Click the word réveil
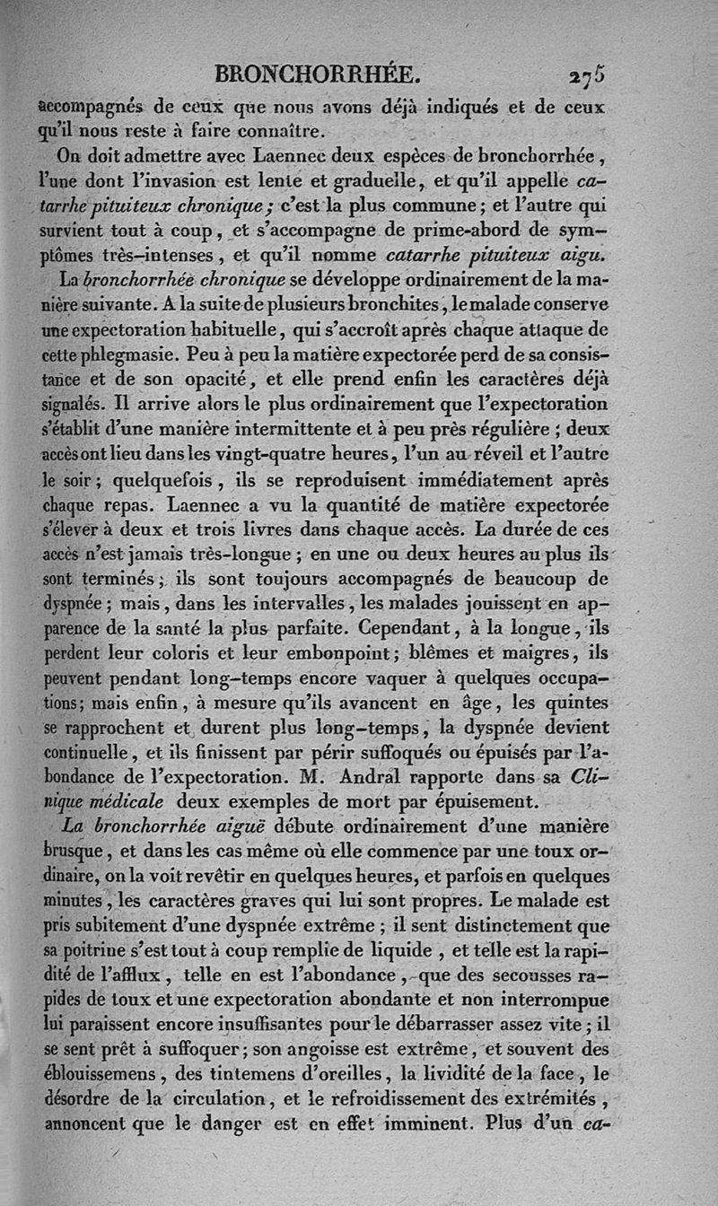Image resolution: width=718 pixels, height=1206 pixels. point(490,456)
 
